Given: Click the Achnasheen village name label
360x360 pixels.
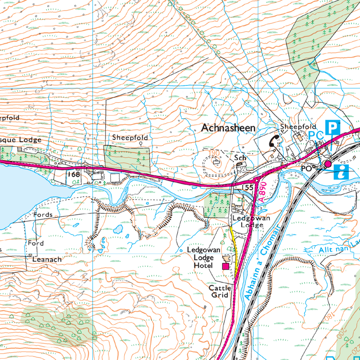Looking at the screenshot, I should (229, 128).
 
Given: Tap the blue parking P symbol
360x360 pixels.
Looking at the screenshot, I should (332, 127).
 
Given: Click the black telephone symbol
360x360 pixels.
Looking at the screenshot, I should (273, 141).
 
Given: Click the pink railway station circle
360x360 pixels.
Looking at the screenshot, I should (328, 165).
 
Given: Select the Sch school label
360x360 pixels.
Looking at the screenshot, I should (239, 158).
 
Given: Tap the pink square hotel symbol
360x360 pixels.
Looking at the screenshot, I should (225, 266).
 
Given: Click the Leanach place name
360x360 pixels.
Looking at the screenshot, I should (46, 260).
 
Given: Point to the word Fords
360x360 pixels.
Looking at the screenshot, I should (43, 215).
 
